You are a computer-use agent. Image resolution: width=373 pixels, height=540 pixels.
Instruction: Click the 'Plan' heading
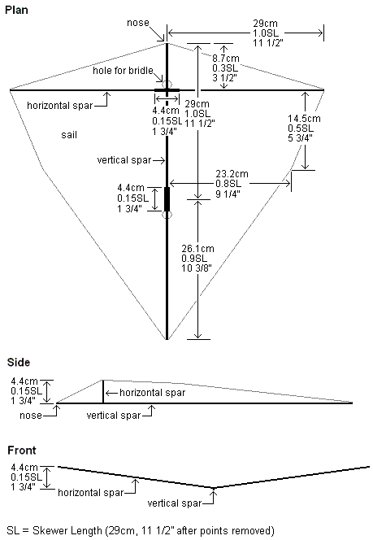click(16, 10)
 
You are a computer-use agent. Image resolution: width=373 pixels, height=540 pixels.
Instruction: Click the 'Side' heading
click(19, 362)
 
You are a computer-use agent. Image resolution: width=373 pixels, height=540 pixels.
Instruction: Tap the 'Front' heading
click(22, 451)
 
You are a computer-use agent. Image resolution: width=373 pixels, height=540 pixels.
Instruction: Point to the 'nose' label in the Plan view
click(138, 23)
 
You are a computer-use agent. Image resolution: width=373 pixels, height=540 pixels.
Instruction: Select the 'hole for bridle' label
click(123, 71)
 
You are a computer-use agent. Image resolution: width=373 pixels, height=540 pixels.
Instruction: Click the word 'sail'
click(69, 135)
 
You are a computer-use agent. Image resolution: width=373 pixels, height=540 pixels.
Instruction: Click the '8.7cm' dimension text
click(225, 59)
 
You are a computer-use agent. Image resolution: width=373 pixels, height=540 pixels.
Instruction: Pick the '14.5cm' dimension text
click(304, 119)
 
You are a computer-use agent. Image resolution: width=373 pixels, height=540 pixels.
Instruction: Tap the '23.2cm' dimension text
click(232, 174)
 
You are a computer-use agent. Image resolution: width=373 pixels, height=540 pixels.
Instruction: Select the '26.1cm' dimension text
click(197, 249)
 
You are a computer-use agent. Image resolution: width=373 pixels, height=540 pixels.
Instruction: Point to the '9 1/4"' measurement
click(228, 194)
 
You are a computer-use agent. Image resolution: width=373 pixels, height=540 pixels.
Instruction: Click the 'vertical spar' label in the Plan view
click(124, 160)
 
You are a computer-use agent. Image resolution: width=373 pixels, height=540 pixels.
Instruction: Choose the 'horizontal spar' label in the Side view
click(153, 393)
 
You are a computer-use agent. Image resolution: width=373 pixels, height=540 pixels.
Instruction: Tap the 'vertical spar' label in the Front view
click(175, 503)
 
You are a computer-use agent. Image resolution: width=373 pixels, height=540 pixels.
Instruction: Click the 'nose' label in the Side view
click(31, 416)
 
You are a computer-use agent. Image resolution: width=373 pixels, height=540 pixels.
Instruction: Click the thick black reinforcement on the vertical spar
click(167, 199)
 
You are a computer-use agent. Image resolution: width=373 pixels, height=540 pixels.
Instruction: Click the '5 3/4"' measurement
click(301, 138)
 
